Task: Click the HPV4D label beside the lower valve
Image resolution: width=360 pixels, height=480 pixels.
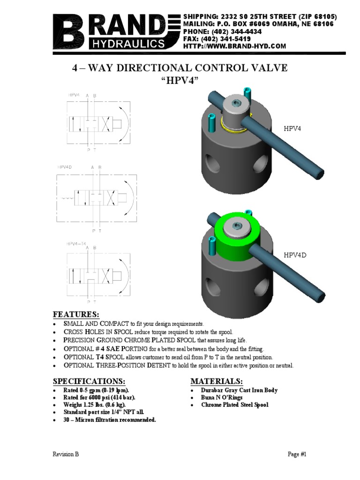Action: [x=294, y=255]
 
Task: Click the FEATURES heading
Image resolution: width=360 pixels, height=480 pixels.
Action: [x=76, y=314]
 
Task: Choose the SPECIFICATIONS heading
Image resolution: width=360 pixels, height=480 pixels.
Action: [x=89, y=380]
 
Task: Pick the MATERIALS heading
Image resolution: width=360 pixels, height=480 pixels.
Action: [x=217, y=380]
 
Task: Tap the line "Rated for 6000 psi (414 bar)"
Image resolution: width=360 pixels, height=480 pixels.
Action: [x=97, y=397]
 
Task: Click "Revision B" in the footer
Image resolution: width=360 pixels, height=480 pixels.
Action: [x=66, y=454]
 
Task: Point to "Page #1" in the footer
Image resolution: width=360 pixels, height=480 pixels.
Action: [x=296, y=454]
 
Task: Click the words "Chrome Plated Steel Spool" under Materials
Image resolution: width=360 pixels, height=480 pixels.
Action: [x=235, y=405]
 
